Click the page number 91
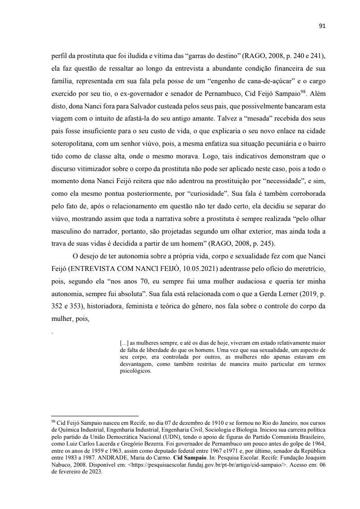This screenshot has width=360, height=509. pos(322,26)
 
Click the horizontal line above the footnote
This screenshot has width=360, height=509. pos(95,417)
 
